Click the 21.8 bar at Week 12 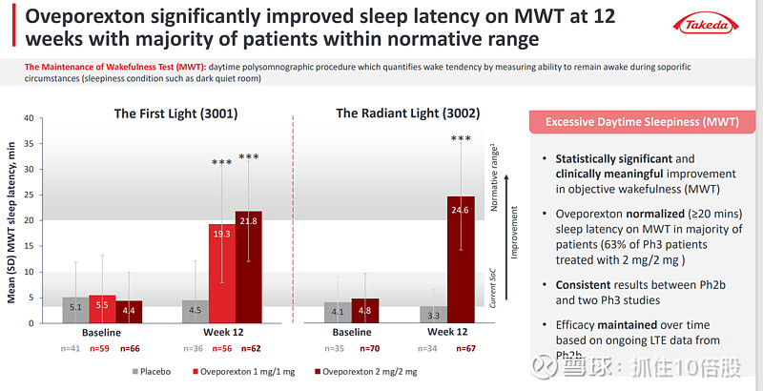pyautogui.click(x=248, y=267)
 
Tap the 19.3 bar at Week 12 pyautogui.click(x=222, y=274)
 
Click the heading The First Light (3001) pyautogui.click(x=175, y=113)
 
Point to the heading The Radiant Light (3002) pyautogui.click(x=401, y=113)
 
